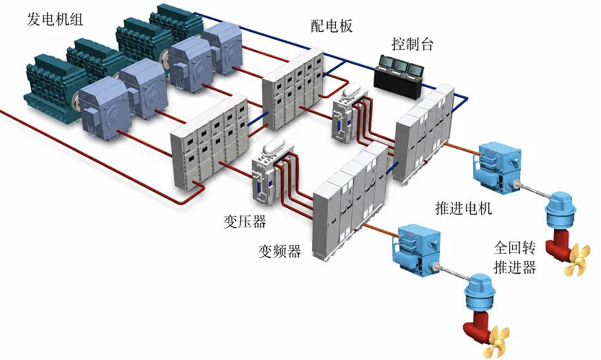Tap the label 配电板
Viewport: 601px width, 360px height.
[332, 26]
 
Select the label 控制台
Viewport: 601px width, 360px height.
[412, 44]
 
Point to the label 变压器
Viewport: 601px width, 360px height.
[245, 221]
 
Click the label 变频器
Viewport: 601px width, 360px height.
[280, 251]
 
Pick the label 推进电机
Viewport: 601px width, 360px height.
[464, 208]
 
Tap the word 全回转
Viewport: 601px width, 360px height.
[515, 248]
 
